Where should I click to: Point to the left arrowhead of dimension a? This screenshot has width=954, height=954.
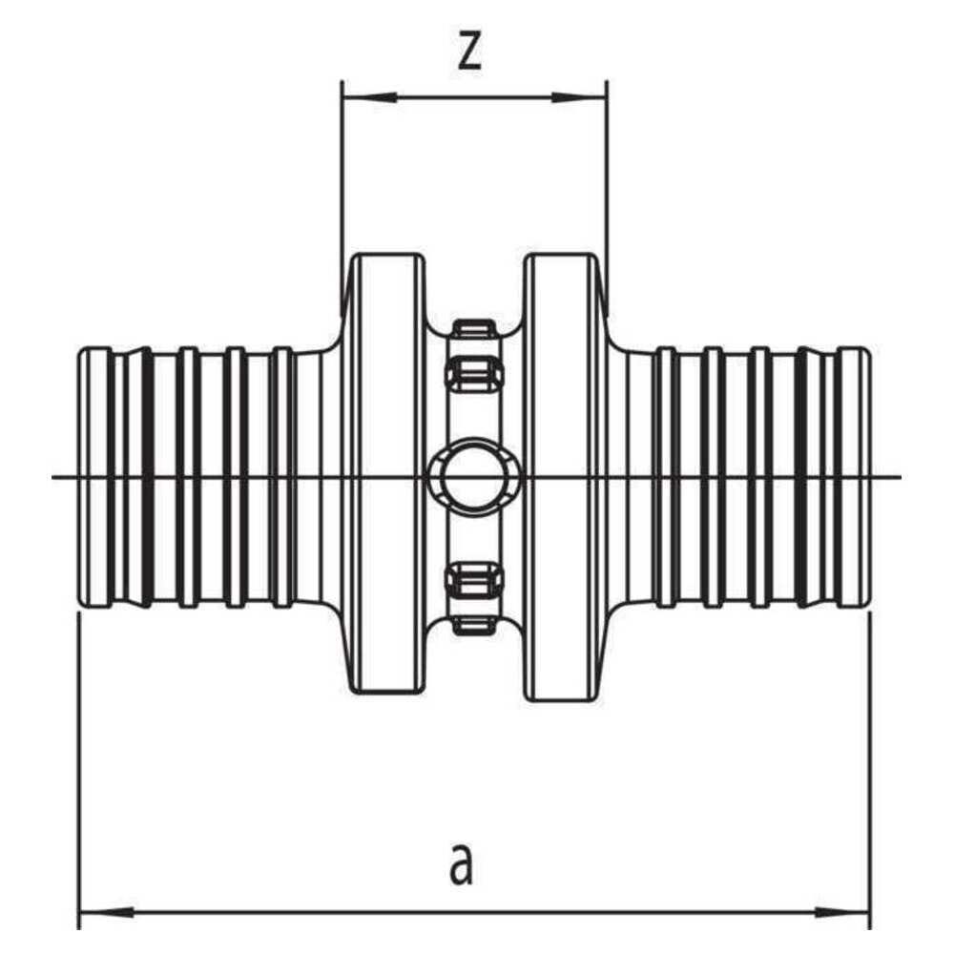coord(108,912)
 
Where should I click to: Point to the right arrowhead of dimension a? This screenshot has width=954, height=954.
coord(842,912)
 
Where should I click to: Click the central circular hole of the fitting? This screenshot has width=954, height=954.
coord(473,476)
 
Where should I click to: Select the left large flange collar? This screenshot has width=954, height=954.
coord(388,476)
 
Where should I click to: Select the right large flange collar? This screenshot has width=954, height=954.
coord(561,476)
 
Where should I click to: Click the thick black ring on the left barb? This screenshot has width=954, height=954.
coord(147,477)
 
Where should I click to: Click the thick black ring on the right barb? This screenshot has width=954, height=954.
coord(802,477)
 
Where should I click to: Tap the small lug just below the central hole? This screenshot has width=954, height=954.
coord(474,579)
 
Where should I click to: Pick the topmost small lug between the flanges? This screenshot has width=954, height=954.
coord(474,328)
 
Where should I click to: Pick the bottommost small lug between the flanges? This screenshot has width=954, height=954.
coord(474,625)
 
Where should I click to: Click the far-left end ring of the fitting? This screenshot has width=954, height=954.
coord(96,477)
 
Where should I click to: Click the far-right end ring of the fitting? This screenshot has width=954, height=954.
coord(853,477)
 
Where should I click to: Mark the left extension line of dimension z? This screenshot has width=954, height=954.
coord(342,197)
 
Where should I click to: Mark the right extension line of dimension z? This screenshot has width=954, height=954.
coord(607,197)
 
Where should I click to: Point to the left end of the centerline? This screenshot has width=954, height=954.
coord(52,476)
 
